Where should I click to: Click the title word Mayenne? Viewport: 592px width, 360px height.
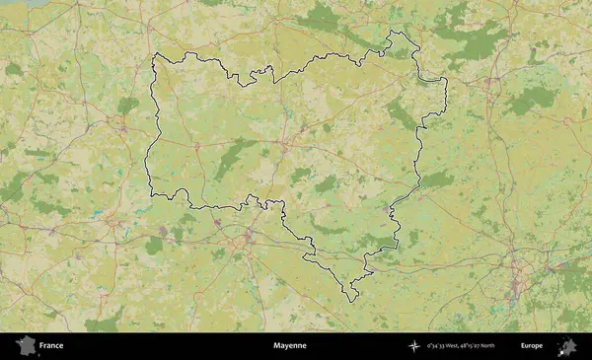[290, 346]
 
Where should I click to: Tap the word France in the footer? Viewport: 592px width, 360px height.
[51, 346]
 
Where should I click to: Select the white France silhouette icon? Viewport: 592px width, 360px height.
[26, 346]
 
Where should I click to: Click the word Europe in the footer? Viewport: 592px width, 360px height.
[532, 346]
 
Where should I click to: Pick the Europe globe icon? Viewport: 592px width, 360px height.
[567, 346]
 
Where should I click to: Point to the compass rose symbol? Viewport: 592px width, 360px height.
[414, 346]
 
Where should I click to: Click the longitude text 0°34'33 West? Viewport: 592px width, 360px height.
[445, 346]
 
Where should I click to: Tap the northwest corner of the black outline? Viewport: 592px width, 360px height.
[154, 55]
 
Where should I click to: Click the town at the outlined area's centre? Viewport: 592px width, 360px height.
[284, 145]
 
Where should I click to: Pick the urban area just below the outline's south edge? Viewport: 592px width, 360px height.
[247, 237]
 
